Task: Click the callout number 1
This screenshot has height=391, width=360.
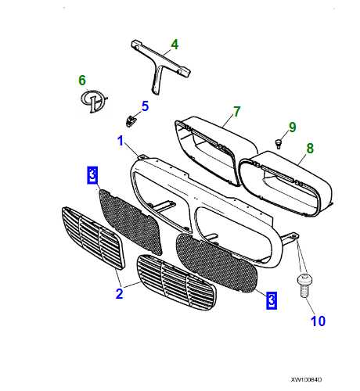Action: click(120, 141)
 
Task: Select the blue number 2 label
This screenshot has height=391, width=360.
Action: click(119, 293)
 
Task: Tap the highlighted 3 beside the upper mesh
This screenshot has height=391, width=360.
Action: click(92, 174)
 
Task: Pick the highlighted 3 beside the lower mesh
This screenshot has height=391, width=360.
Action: click(272, 300)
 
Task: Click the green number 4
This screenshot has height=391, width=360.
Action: click(175, 45)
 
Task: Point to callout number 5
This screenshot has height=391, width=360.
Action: click(145, 106)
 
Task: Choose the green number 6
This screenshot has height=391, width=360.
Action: click(82, 80)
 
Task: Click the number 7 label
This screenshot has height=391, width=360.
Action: click(236, 112)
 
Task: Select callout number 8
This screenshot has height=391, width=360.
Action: click(310, 148)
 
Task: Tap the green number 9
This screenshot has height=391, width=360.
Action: click(293, 127)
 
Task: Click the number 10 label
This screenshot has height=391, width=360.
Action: click(318, 321)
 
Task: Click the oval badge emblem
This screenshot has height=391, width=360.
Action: click(93, 101)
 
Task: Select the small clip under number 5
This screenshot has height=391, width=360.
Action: click(131, 120)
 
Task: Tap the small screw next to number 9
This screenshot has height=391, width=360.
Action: click(279, 144)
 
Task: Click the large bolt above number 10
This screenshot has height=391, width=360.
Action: click(304, 285)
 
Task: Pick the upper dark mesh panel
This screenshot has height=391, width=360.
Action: click(130, 221)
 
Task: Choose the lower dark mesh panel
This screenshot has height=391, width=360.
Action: click(217, 263)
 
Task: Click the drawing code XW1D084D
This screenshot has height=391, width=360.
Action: click(306, 379)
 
